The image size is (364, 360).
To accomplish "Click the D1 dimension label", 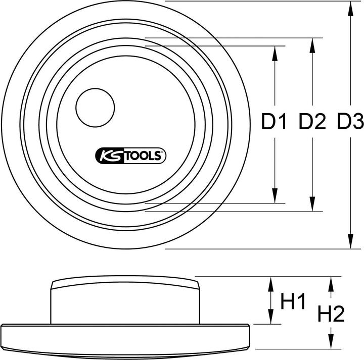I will tap(274, 122).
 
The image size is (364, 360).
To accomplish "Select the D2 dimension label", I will tap(312, 122).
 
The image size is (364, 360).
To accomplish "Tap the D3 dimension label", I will tap(350, 122).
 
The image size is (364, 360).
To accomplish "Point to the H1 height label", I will tap(294, 302).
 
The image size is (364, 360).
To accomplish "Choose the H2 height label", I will tap(331, 315).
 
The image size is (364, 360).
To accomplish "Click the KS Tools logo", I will tap(130, 157).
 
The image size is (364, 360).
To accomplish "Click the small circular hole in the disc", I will tap(96, 108).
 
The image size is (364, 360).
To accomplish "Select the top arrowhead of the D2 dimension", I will tap(312, 44).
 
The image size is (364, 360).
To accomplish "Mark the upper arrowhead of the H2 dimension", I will tap(331, 282).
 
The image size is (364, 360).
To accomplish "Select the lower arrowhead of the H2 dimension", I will tap(331, 343).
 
